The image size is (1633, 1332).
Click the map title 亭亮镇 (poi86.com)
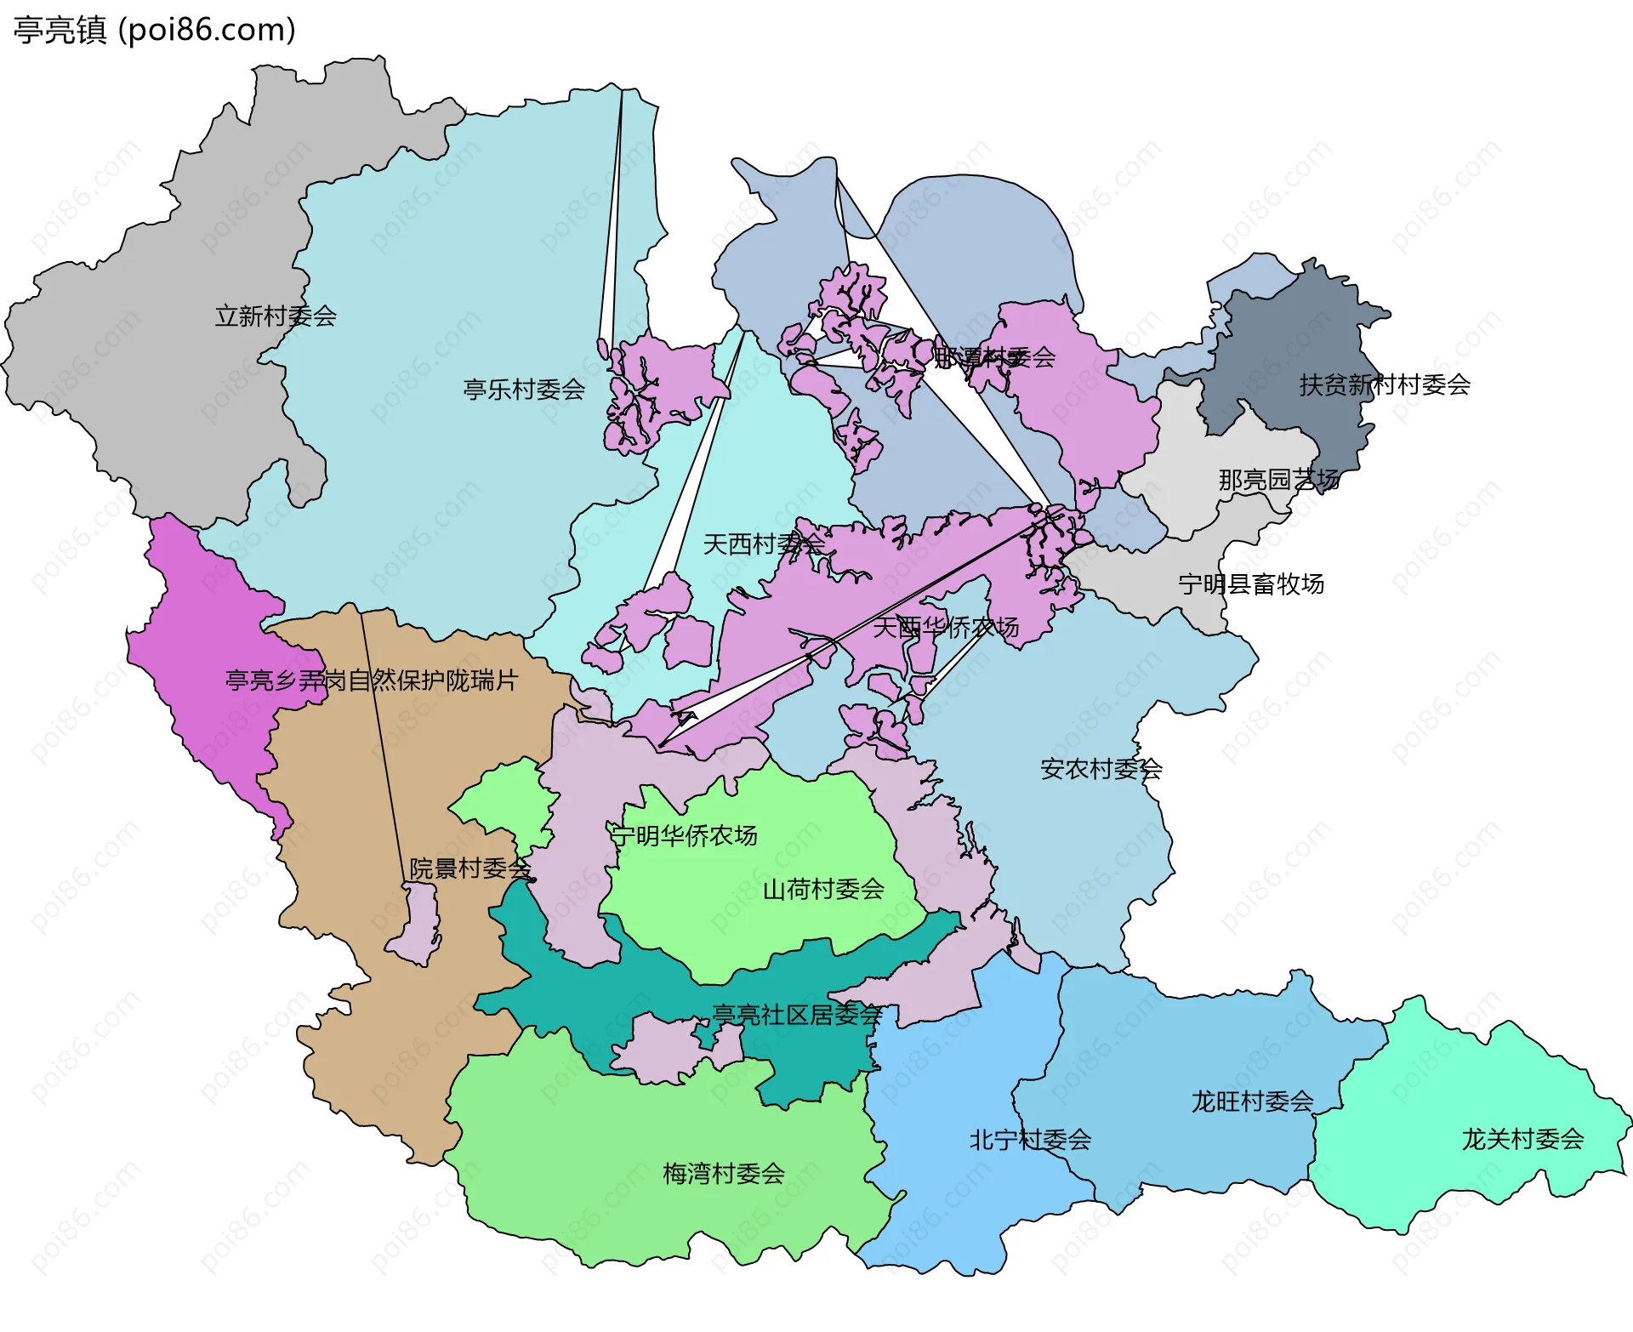point(155,30)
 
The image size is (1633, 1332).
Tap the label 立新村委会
point(276,316)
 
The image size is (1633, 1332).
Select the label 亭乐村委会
point(524,390)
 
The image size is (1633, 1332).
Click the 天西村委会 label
point(763,544)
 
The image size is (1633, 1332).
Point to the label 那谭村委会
point(994,358)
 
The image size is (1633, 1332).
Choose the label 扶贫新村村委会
point(1385,385)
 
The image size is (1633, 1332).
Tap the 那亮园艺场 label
point(1278,480)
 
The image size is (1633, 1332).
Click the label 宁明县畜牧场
point(1251,584)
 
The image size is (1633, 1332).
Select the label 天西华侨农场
point(946,628)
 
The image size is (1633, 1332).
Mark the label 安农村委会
point(1101,770)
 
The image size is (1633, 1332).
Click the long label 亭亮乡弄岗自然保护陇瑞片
point(371,680)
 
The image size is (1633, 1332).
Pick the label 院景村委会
point(470,868)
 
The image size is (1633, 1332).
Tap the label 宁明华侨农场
point(685,836)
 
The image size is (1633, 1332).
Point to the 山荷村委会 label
point(823,890)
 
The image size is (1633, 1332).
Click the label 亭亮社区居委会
point(797,1015)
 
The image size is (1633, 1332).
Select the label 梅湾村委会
point(724,1174)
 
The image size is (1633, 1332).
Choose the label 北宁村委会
point(1030,1140)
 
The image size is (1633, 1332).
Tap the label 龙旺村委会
point(1252,1102)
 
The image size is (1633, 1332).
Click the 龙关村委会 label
point(1522,1139)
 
